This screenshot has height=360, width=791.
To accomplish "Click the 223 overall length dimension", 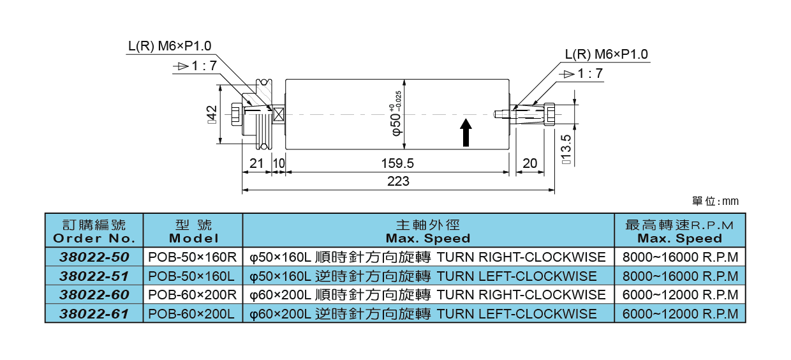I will (398, 182).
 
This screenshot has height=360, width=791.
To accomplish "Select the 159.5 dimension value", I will (397, 164).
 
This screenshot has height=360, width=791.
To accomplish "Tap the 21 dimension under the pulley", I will (256, 164).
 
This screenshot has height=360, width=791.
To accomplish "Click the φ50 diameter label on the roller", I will (396, 115).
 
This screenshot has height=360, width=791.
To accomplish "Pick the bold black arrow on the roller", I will (466, 132).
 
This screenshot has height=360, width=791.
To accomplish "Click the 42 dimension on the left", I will (212, 115).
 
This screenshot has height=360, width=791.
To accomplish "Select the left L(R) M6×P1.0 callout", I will (169, 46).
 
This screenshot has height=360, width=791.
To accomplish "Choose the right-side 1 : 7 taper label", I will (582, 73).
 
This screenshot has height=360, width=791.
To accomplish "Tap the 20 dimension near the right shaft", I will (529, 164).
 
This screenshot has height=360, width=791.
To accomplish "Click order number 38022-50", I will (94, 257).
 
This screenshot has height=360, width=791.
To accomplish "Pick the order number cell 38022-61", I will (94, 313).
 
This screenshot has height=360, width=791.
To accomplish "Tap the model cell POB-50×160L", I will (192, 276).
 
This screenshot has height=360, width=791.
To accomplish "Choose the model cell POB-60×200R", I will (193, 295).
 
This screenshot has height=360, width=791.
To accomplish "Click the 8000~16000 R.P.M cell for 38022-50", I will (679, 257).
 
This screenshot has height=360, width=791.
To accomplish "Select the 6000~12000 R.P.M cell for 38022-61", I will (679, 313).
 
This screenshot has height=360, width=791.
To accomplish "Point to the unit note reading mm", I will (715, 202).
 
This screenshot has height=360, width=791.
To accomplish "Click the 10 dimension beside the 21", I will (278, 164).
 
